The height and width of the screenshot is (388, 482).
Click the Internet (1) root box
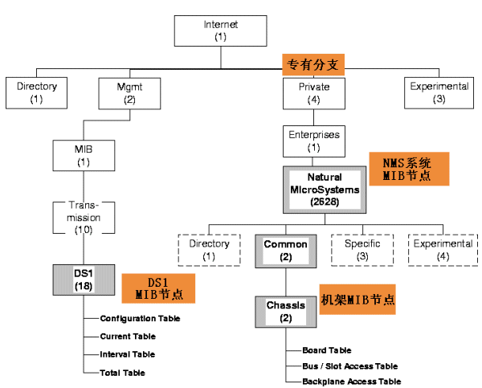point(221,31)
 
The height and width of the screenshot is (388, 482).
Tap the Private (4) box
point(313,92)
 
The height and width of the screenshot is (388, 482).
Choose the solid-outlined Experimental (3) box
point(439,92)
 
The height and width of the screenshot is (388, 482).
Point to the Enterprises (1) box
point(313,141)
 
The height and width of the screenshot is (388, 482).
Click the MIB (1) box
point(84,156)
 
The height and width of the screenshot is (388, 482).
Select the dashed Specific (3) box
point(362,250)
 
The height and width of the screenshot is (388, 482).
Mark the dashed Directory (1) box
point(209,250)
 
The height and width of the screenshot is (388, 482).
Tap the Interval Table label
point(127,354)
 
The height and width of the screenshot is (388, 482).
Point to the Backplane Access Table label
point(351,382)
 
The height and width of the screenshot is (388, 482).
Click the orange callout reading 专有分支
point(314,65)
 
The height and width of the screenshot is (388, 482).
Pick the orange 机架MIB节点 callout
point(358,299)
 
